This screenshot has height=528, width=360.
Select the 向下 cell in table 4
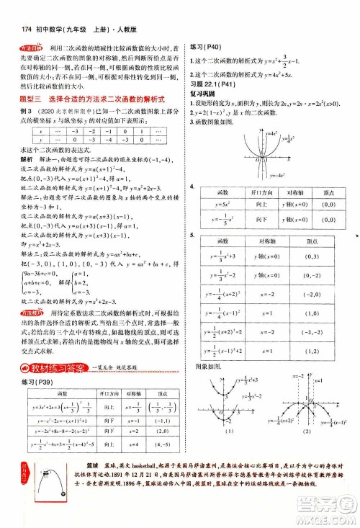[x=253, y=218]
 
